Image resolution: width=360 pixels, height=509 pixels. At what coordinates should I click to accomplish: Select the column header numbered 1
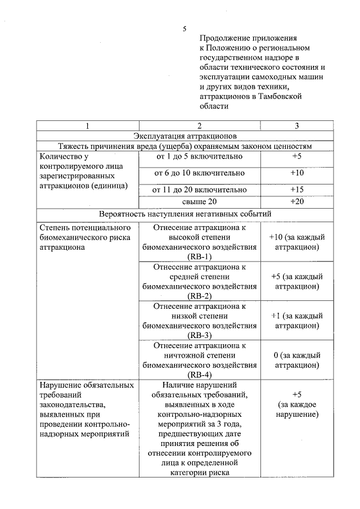point(87,125)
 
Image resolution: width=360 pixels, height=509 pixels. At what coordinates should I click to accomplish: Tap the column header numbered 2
point(199,125)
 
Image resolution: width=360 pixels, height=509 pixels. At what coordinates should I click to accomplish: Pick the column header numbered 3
point(297,125)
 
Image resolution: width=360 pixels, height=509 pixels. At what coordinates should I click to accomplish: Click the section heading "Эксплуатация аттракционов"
point(185,136)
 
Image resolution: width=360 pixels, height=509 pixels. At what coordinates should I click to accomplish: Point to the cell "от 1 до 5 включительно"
point(199,156)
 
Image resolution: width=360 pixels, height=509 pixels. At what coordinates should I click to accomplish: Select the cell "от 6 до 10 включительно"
point(199,173)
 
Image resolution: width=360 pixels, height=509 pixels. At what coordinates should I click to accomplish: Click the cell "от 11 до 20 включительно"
point(199,190)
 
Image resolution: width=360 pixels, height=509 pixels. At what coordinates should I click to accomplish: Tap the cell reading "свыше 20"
point(199,201)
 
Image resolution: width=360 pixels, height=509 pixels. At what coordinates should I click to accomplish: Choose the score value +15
point(297,190)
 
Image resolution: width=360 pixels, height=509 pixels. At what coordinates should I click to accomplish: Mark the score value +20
point(297,201)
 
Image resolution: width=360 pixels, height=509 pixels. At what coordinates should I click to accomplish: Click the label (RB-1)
point(200,256)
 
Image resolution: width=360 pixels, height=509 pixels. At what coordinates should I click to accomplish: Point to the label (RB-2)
point(200,296)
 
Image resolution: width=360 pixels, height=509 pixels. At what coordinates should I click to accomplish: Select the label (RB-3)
point(200,336)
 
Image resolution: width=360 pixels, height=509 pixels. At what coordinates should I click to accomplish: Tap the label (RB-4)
point(200,375)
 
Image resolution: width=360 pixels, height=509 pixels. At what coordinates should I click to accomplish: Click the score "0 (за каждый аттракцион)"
point(297,361)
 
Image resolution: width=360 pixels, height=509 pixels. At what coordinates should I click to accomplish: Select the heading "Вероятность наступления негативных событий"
point(185,214)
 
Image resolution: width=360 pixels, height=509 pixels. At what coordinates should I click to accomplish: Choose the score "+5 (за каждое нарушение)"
point(297,404)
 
